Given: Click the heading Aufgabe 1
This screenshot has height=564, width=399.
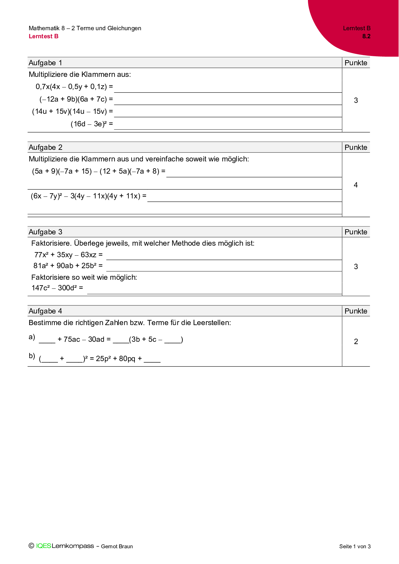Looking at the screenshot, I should pyautogui.click(x=45, y=63).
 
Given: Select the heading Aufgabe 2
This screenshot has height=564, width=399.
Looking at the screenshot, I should pyautogui.click(x=45, y=147).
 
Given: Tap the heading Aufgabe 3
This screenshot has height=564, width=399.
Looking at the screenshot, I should pyautogui.click(x=45, y=232).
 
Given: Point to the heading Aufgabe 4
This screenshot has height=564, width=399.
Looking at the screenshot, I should pyautogui.click(x=45, y=311).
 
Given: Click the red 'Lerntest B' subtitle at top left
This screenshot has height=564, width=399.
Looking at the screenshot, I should pyautogui.click(x=43, y=36).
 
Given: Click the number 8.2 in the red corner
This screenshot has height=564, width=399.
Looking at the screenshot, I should pyautogui.click(x=366, y=36).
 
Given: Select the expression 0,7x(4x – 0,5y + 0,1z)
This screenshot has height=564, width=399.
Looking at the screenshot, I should pyautogui.click(x=71, y=87).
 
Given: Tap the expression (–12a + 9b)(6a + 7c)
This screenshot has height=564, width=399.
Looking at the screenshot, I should pyautogui.click(x=73, y=99).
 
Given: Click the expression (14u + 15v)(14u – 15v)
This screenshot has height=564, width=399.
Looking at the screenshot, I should pyautogui.click(x=70, y=112).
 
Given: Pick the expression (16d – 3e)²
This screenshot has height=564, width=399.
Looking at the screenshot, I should pyautogui.click(x=89, y=124).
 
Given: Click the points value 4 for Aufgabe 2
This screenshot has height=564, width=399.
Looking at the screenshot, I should pyautogui.click(x=356, y=185).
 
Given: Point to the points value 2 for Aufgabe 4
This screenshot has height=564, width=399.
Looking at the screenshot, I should pyautogui.click(x=356, y=341).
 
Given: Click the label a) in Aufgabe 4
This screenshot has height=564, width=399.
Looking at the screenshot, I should pyautogui.click(x=32, y=337).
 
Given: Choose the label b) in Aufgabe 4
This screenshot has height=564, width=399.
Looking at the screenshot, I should pyautogui.click(x=32, y=356).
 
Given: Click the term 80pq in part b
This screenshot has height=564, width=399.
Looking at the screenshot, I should pyautogui.click(x=127, y=359).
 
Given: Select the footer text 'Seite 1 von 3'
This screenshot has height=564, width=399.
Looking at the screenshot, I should pyautogui.click(x=355, y=546).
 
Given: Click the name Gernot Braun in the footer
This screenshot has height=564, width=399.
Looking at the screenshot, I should pyautogui.click(x=117, y=546).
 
